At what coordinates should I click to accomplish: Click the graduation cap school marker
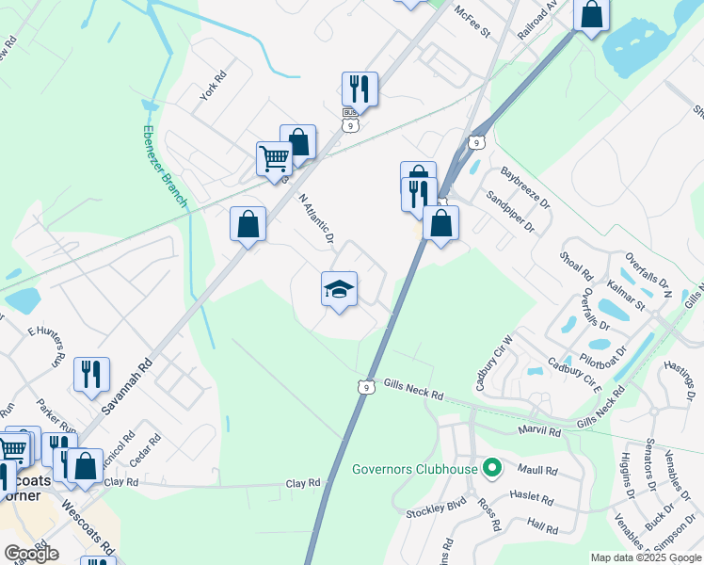339,289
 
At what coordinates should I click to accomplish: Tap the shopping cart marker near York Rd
274,158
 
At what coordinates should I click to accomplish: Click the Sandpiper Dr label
509,212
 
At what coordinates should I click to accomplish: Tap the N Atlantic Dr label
317,218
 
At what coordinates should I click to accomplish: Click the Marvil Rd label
539,431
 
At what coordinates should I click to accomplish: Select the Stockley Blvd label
436,514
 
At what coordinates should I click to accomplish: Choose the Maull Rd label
536,471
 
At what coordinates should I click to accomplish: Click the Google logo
31,554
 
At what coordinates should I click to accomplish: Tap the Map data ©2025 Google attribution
645,557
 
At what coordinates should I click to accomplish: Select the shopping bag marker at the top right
591,16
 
